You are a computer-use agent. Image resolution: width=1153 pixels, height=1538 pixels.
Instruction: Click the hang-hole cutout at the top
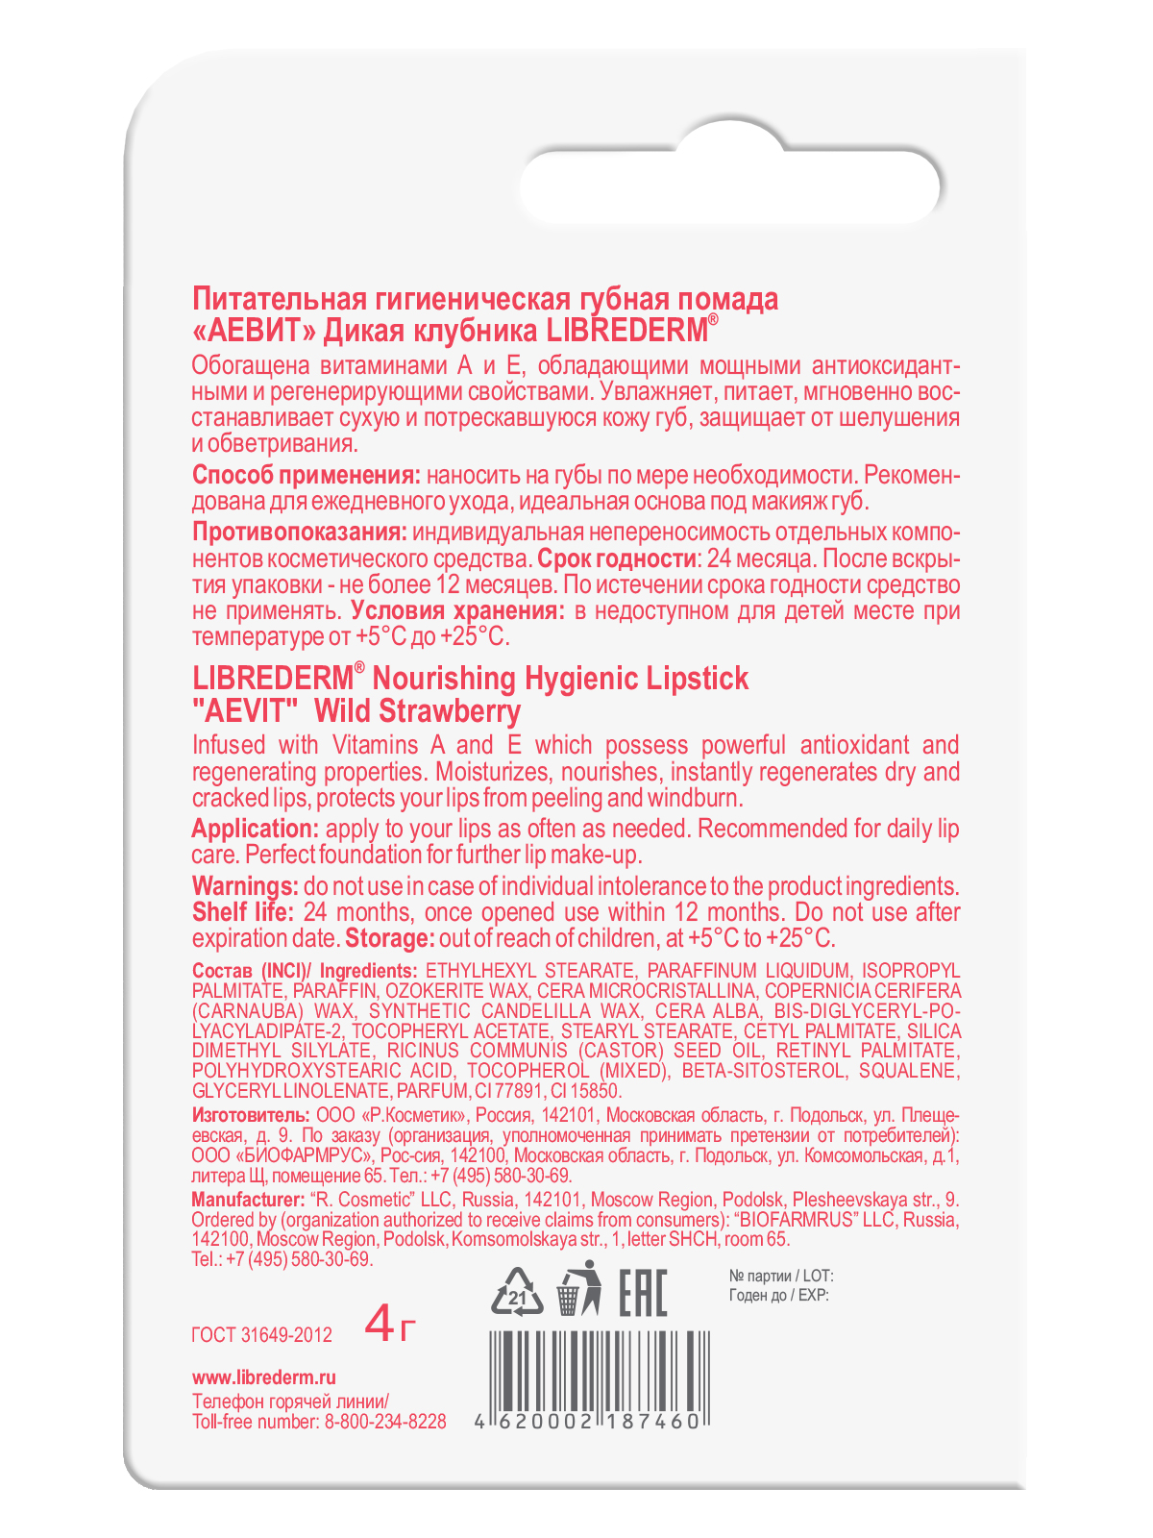[730, 186]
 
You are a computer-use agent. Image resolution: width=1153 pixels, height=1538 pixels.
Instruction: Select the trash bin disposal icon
[577, 1289]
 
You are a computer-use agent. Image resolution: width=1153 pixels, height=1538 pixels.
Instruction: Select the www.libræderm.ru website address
[264, 1377]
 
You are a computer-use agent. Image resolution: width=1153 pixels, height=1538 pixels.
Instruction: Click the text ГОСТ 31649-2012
[261, 1335]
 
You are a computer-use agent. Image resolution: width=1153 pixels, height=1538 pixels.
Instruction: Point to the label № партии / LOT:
[781, 1276]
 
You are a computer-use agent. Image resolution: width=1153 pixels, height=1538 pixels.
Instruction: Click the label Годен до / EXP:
[778, 1295]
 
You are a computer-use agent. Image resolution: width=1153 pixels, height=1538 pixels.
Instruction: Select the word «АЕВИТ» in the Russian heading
[255, 331]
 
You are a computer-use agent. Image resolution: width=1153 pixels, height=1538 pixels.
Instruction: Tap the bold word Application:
[255, 829]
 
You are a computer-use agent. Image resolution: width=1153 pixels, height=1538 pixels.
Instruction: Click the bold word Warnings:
[245, 886]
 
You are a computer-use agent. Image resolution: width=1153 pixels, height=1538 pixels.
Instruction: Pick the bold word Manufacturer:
[248, 1200]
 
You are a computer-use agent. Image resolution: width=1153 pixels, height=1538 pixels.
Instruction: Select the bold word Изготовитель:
[251, 1115]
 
